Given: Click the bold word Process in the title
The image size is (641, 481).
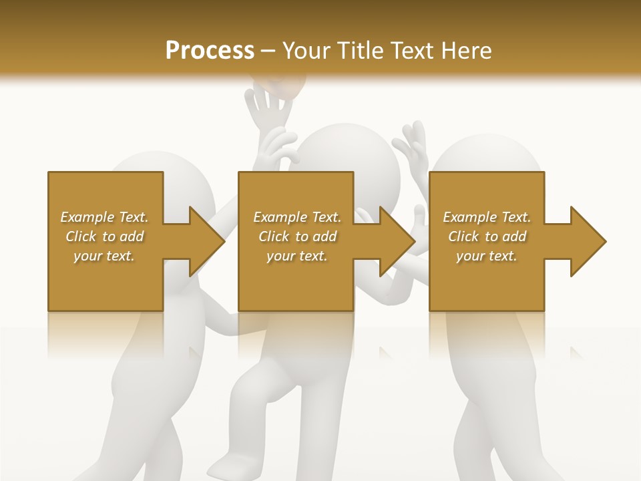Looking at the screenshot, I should pos(210,50).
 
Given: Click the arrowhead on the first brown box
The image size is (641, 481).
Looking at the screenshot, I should pos(206,241).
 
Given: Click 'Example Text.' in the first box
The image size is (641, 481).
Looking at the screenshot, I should pos(104,217).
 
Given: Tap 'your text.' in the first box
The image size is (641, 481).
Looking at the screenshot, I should pos(104,256).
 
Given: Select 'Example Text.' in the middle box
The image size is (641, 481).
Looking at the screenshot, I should pos(297,217).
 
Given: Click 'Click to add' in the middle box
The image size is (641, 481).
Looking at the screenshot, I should pos(297,236).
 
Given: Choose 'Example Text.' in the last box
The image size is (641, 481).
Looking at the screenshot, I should pos(487,217).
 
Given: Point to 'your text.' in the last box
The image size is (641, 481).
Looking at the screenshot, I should pos(487,256).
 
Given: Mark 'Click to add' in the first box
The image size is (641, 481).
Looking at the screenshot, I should pos(104,236).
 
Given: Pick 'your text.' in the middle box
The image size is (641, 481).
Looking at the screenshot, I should pos(297,256).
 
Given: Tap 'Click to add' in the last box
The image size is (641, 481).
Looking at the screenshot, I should pos(487,236).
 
